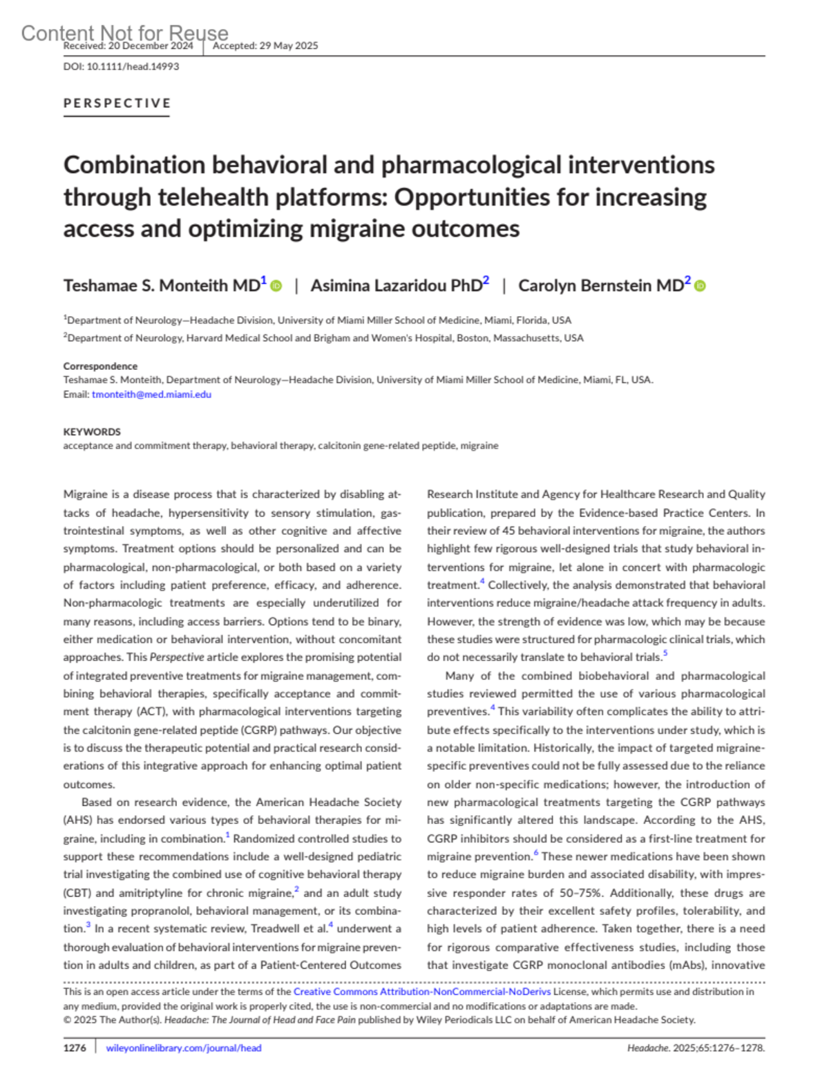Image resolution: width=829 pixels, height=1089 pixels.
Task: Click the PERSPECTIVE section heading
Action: pos(117,104)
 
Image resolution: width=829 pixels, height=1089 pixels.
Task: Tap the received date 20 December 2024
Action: pos(151,46)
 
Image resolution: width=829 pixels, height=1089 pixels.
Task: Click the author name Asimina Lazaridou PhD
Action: pos(396,286)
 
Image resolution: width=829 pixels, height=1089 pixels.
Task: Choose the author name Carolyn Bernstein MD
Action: pos(600,286)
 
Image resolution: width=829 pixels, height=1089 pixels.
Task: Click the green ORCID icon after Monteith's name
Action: pos(276,286)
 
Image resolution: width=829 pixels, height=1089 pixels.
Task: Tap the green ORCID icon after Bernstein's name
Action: pos(700,286)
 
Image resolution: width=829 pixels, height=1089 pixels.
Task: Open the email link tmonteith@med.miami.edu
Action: pos(151,395)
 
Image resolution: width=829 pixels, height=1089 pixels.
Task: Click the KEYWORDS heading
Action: pos(92,432)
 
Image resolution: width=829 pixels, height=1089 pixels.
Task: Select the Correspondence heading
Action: pos(100,366)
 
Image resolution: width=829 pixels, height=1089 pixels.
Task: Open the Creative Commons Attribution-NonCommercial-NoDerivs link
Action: pos(422,992)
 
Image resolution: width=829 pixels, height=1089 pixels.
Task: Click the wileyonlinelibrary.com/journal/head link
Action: pos(184,1048)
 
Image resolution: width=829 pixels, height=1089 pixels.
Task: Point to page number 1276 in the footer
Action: pos(75,1048)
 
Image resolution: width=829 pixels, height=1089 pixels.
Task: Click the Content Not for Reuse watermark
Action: pos(124,32)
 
